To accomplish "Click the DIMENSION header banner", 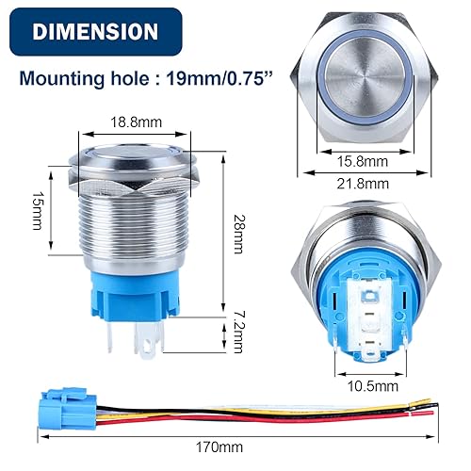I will (x=94, y=31).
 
